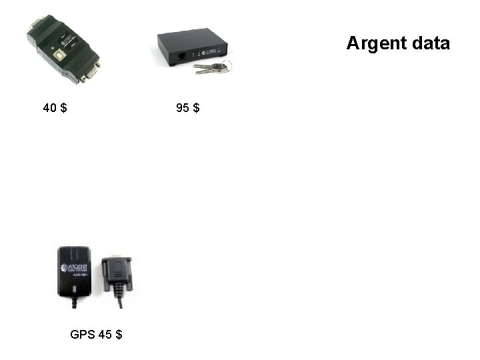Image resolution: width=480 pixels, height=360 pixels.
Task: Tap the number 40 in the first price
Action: coord(49,107)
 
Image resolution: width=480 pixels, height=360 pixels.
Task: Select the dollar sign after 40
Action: coord(63,107)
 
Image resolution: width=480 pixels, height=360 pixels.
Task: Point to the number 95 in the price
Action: coord(183,107)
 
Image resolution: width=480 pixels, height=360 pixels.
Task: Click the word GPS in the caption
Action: coord(82,334)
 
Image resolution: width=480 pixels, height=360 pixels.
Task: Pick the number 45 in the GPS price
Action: coord(105,334)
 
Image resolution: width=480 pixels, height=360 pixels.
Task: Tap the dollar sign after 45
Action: coord(119,334)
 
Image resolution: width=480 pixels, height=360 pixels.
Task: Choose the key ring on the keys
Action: coord(227,65)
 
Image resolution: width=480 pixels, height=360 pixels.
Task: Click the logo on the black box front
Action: coord(208,51)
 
